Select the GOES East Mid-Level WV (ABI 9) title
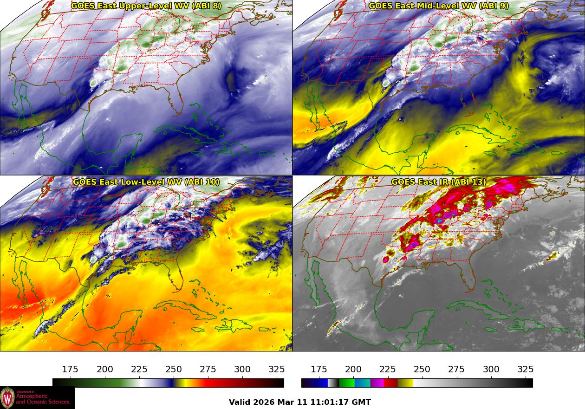pyautogui.click(x=439, y=6)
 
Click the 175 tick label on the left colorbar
pyautogui.click(x=70, y=370)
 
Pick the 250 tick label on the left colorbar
pyautogui.click(x=174, y=370)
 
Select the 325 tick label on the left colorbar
pyautogui.click(x=277, y=370)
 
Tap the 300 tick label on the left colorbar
pyautogui.click(x=242, y=370)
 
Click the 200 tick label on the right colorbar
pyautogui.click(x=353, y=370)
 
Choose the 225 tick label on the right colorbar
pyautogui.click(x=388, y=370)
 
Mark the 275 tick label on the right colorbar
pyautogui.click(x=456, y=370)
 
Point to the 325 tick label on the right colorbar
pyautogui.click(x=525, y=370)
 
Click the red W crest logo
pyautogui.click(x=7, y=398)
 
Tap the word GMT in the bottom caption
pyautogui.click(x=362, y=403)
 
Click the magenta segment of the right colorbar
pyautogui.click(x=377, y=383)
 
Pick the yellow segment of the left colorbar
pyautogui.click(x=181, y=383)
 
